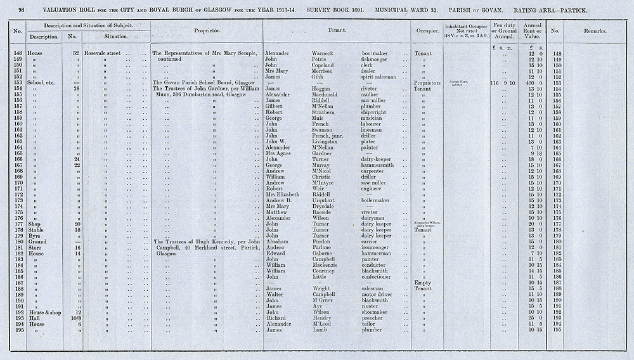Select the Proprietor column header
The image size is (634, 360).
[207, 30]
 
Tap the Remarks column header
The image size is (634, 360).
[597, 30]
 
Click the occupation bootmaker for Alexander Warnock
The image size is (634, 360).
[375, 53]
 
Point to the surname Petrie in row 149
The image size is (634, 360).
[323, 60]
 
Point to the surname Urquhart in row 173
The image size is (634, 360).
[327, 200]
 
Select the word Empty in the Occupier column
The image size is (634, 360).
[422, 283]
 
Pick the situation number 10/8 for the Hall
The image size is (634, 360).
[75, 318]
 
